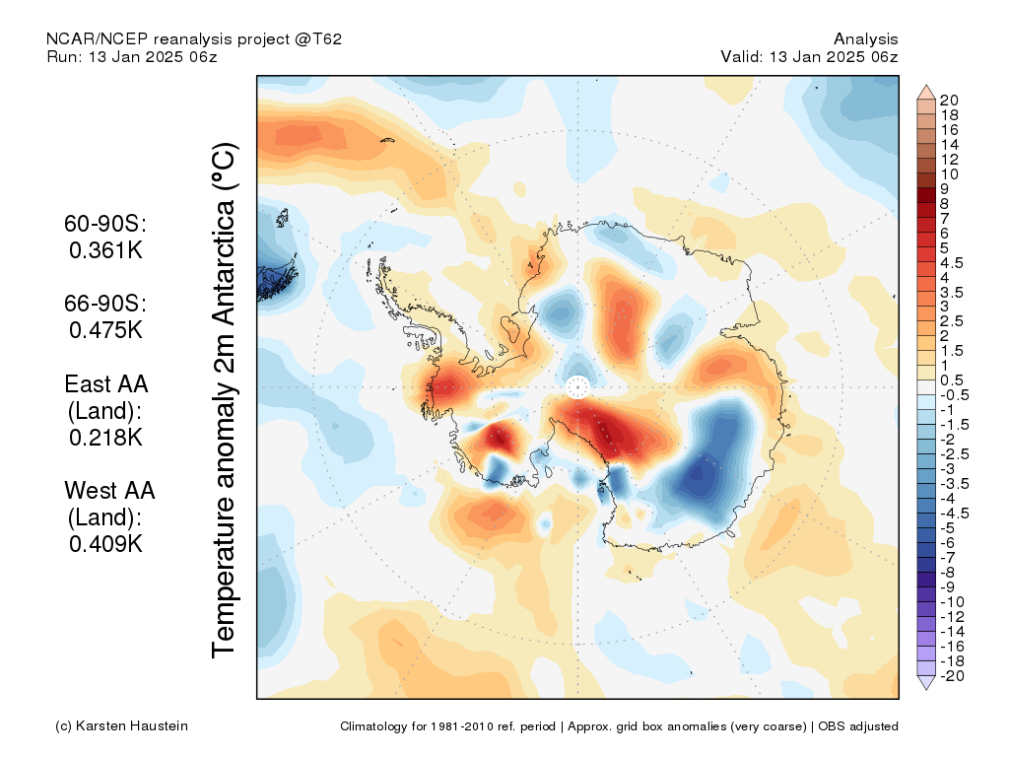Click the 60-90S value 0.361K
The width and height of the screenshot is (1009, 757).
[105, 250]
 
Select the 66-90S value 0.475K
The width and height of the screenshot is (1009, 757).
[105, 330]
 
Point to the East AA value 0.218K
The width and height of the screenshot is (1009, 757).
[105, 438]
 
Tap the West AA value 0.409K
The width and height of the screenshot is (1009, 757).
[105, 544]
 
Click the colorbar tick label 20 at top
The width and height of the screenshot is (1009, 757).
[949, 101]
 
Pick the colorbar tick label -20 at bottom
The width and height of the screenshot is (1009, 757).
[952, 676]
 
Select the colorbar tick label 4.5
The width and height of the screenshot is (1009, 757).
[952, 262]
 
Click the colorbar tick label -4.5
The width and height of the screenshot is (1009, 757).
[954, 514]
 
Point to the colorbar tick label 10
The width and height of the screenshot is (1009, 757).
[949, 174]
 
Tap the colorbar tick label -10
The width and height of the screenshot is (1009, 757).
[952, 602]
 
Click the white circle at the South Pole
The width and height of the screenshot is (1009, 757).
[577, 387]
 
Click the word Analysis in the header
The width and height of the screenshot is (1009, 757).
[865, 39]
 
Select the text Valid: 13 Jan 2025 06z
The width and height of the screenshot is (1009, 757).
[809, 56]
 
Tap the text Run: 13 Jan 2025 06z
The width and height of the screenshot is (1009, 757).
[132, 56]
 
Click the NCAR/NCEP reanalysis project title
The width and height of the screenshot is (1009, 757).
[194, 39]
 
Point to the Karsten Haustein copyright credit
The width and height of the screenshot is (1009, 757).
[121, 726]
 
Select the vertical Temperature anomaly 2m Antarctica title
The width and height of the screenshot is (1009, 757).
[225, 400]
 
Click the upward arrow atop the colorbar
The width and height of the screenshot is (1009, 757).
[926, 92]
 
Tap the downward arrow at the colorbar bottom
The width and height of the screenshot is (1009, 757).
[926, 683]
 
